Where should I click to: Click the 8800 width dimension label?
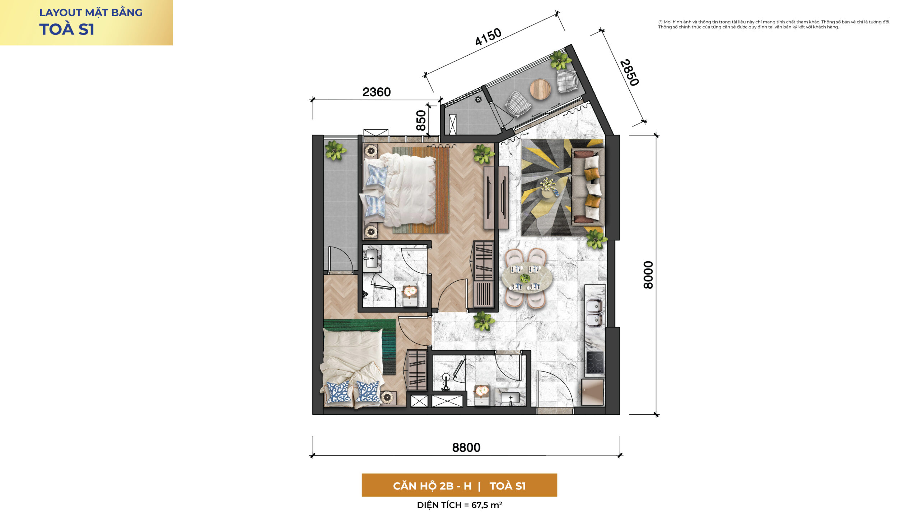466,447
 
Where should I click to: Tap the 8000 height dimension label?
648,275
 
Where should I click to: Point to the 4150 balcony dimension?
488,37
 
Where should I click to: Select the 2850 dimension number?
629,73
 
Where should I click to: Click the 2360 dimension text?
376,92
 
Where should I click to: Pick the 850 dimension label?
421,120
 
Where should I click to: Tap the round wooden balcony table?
540,89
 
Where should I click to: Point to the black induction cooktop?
595,362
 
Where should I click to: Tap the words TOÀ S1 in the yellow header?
67,29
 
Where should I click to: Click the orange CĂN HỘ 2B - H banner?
459,485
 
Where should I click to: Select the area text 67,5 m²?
487,505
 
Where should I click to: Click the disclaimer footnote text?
774,24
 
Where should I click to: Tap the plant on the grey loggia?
335,150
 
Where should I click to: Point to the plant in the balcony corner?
560,60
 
